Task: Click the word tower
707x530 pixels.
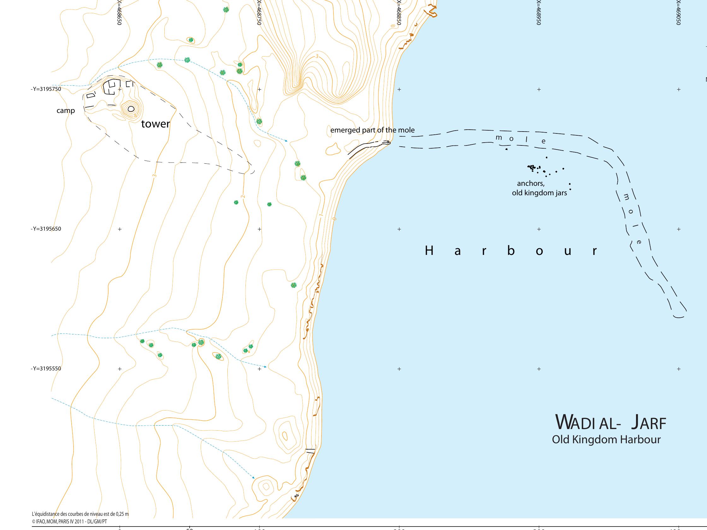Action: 155,124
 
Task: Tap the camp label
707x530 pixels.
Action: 66,111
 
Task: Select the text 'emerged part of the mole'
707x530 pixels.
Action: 372,130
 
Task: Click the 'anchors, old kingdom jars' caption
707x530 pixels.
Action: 539,188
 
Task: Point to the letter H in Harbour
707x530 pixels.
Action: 429,251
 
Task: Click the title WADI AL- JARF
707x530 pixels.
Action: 611,423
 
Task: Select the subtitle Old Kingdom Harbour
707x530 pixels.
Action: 606,439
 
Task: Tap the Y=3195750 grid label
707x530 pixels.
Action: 46,89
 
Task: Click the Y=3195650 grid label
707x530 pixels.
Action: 46,229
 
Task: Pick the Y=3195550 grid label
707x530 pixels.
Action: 46,368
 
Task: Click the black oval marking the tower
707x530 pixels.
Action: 131,109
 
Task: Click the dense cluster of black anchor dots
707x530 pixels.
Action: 532,167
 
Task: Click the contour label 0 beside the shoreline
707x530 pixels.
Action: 335,219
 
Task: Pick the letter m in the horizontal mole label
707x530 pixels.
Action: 498,138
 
